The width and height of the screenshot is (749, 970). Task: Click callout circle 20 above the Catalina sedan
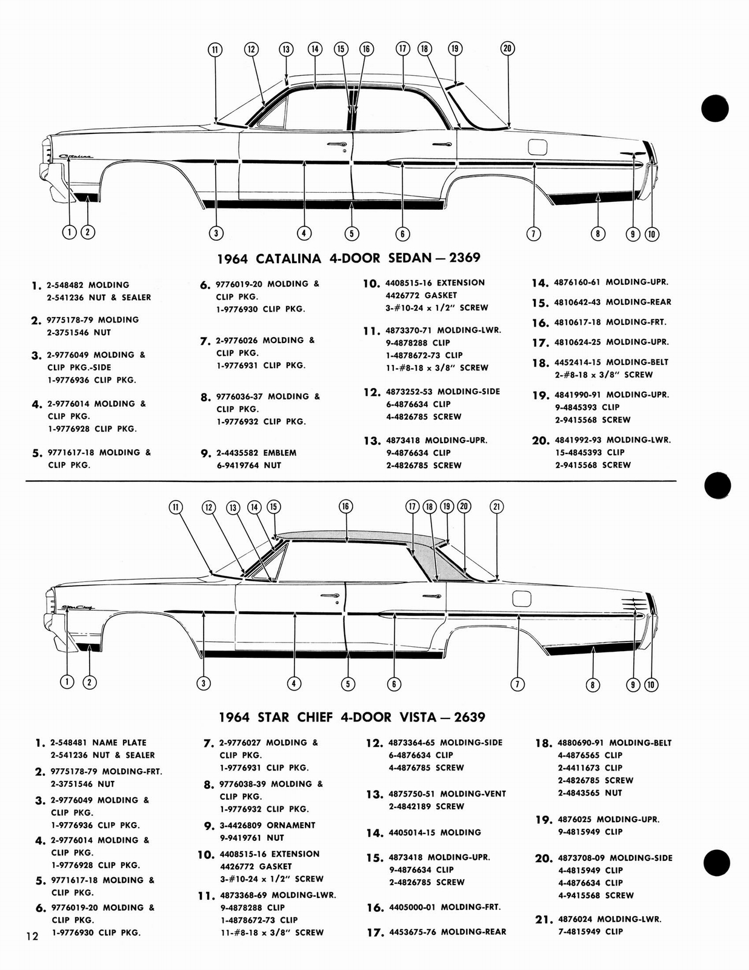click(508, 49)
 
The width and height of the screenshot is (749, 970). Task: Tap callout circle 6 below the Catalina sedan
click(402, 233)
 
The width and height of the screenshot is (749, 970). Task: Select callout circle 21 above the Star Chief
click(496, 507)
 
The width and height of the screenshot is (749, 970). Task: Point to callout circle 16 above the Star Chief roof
click(345, 507)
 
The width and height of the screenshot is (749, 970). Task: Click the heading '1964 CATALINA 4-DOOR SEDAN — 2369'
click(348, 258)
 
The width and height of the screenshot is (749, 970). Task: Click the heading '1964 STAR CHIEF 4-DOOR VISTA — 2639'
click(351, 717)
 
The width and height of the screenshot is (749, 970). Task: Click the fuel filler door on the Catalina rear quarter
click(538, 147)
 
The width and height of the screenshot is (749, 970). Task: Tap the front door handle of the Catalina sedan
click(335, 144)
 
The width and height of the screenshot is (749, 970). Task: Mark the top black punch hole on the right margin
click(714, 109)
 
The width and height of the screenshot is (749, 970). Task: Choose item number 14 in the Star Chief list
click(374, 834)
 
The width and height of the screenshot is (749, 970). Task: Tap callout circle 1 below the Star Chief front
click(67, 681)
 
